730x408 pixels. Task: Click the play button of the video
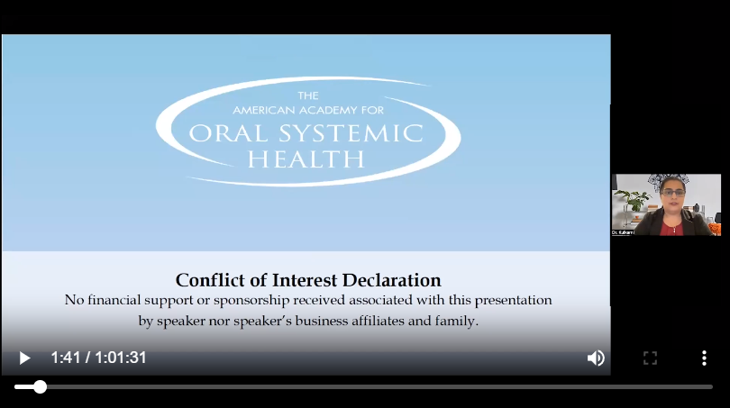[24, 358]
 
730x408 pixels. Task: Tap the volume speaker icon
[596, 358]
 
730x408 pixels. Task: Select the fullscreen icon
[650, 358]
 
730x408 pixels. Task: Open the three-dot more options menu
[704, 358]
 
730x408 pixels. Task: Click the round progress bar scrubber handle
[40, 386]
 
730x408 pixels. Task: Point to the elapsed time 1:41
[66, 358]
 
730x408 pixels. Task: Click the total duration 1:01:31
[121, 358]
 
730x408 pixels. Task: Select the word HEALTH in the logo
[307, 159]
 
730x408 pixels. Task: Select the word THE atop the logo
[307, 95]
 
